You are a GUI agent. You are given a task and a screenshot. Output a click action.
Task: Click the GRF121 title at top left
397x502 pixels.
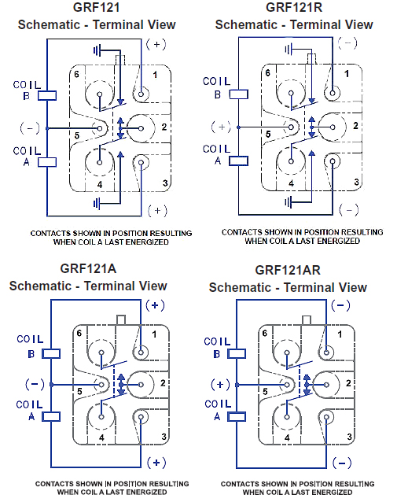click(x=96, y=7)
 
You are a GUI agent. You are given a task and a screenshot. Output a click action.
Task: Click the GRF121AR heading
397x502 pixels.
click(x=288, y=270)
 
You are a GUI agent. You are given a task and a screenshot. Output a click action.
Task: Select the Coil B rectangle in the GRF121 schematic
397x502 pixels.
click(x=47, y=96)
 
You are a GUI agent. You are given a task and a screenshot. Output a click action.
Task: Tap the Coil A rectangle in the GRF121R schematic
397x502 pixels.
click(x=238, y=161)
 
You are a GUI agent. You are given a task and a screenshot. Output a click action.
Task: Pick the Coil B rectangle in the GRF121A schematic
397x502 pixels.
click(x=51, y=354)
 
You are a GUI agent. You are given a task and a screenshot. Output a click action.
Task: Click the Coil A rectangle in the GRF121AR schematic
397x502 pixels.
click(x=237, y=416)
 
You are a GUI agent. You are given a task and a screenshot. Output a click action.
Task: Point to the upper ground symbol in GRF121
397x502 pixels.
click(x=97, y=50)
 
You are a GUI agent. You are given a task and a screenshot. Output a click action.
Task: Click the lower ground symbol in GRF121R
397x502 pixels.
click(x=289, y=202)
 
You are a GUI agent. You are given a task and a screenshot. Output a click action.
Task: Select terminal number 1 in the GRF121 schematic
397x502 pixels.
click(x=155, y=75)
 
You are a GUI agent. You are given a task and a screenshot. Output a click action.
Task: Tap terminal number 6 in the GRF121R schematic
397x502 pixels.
click(x=268, y=73)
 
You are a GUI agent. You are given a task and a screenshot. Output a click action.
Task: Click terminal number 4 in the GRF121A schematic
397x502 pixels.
click(x=101, y=437)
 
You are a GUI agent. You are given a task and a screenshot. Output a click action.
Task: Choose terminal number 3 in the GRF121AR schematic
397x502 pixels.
click(x=349, y=437)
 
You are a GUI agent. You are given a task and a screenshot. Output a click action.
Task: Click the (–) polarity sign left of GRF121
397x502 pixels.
click(x=30, y=128)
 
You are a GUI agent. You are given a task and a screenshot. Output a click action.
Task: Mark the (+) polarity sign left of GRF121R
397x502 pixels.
click(x=221, y=127)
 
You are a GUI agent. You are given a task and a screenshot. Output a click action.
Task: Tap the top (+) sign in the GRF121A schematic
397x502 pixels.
click(x=155, y=305)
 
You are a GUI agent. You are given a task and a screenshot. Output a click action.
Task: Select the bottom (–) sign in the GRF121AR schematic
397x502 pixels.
click(x=342, y=463)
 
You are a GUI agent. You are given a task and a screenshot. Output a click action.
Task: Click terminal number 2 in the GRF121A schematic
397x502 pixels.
click(x=163, y=382)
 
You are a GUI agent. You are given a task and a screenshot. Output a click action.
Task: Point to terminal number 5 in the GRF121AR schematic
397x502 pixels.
click(x=265, y=391)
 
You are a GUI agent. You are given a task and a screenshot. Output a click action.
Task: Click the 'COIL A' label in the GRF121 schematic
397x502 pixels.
click(x=27, y=157)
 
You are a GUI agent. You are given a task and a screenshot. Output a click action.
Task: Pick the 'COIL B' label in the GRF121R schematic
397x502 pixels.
click(x=216, y=88)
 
